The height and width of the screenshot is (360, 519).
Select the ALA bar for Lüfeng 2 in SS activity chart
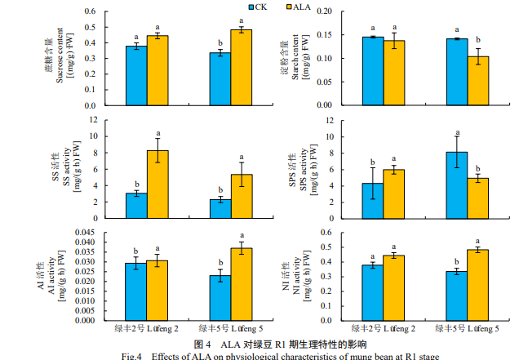[157, 184]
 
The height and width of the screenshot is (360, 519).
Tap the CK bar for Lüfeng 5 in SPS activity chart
[456, 185]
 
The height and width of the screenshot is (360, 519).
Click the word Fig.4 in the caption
[132, 356]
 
